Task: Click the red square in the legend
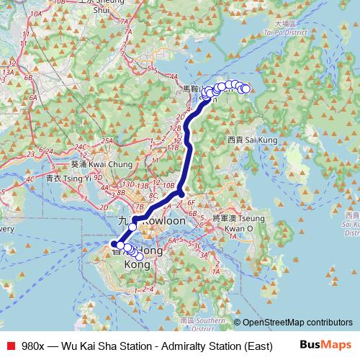(10, 345)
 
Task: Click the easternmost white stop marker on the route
(246, 89)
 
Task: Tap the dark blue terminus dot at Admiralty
(114, 245)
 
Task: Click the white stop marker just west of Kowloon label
(132, 227)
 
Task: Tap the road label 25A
(107, 140)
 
